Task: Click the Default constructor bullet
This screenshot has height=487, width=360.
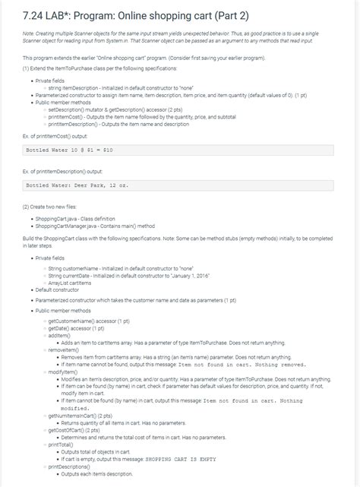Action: pos(59,289)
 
